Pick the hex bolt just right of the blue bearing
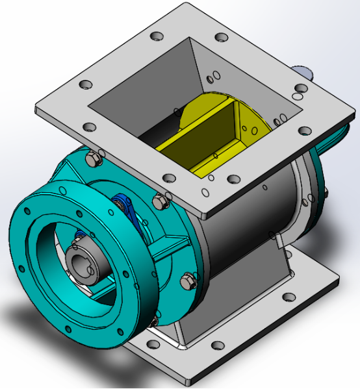click(x=159, y=203)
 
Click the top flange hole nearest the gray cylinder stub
click(x=300, y=89)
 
